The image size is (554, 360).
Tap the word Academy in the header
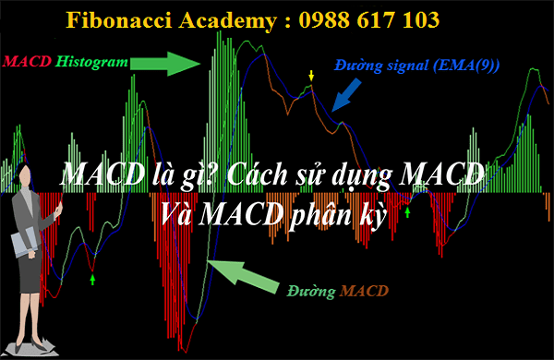228,21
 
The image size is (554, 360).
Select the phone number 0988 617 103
369,19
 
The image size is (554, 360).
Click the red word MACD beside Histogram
27,62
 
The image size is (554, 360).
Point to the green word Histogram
91,62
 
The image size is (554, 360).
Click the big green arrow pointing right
165,64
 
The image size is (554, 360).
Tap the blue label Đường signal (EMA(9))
417,66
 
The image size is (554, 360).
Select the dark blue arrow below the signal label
346,95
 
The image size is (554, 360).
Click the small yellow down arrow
311,76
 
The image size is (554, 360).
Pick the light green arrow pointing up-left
243,277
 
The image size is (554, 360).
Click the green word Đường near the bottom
311,292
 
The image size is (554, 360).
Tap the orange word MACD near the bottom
364,291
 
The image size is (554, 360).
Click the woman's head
25,174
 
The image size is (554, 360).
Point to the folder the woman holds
25,243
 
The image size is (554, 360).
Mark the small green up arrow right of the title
408,212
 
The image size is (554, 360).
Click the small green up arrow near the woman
92,280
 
